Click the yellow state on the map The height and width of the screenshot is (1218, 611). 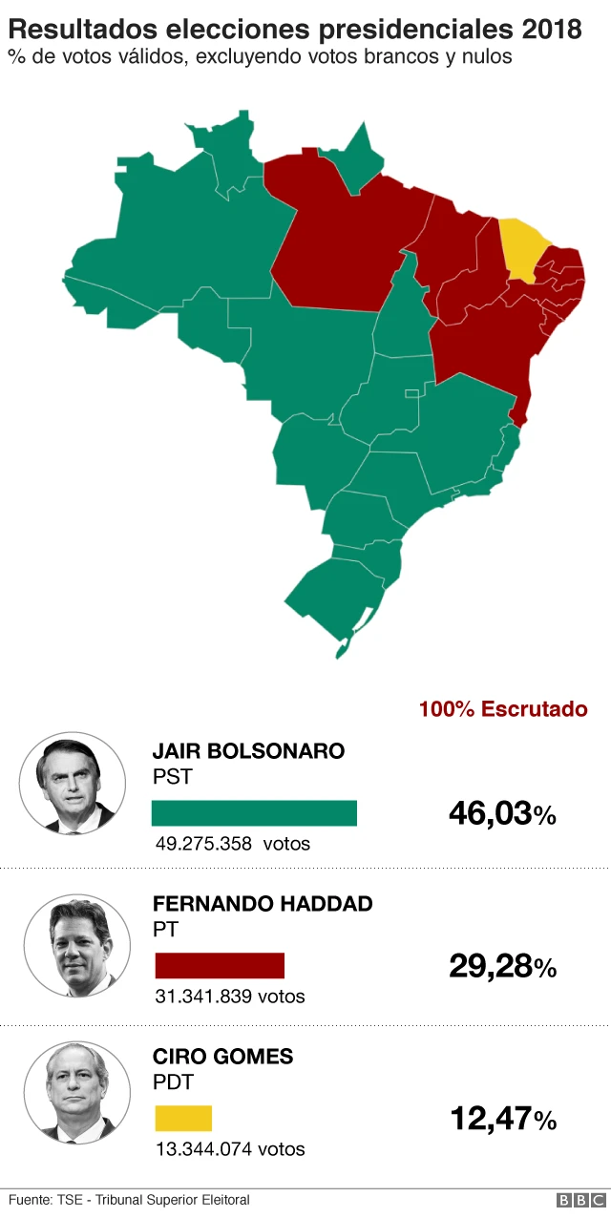[520, 246]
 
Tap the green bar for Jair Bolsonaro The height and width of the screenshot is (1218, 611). [254, 812]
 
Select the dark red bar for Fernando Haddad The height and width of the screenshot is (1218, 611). [220, 965]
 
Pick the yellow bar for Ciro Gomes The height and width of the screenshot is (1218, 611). [183, 1118]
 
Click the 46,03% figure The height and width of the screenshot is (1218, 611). [502, 814]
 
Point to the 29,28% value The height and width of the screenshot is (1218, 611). [502, 967]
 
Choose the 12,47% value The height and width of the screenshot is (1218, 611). [502, 1119]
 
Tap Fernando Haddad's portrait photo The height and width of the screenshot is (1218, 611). [76, 945]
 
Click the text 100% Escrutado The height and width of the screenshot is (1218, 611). [503, 709]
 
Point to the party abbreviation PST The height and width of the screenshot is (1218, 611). [172, 777]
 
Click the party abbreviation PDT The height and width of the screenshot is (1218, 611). [173, 1082]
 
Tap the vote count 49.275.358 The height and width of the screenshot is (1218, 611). [203, 844]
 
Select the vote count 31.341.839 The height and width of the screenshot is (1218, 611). [203, 997]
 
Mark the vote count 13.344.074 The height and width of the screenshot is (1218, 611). [203, 1148]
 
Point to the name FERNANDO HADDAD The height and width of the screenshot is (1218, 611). [263, 904]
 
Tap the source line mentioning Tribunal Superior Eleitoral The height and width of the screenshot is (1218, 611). [129, 1200]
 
